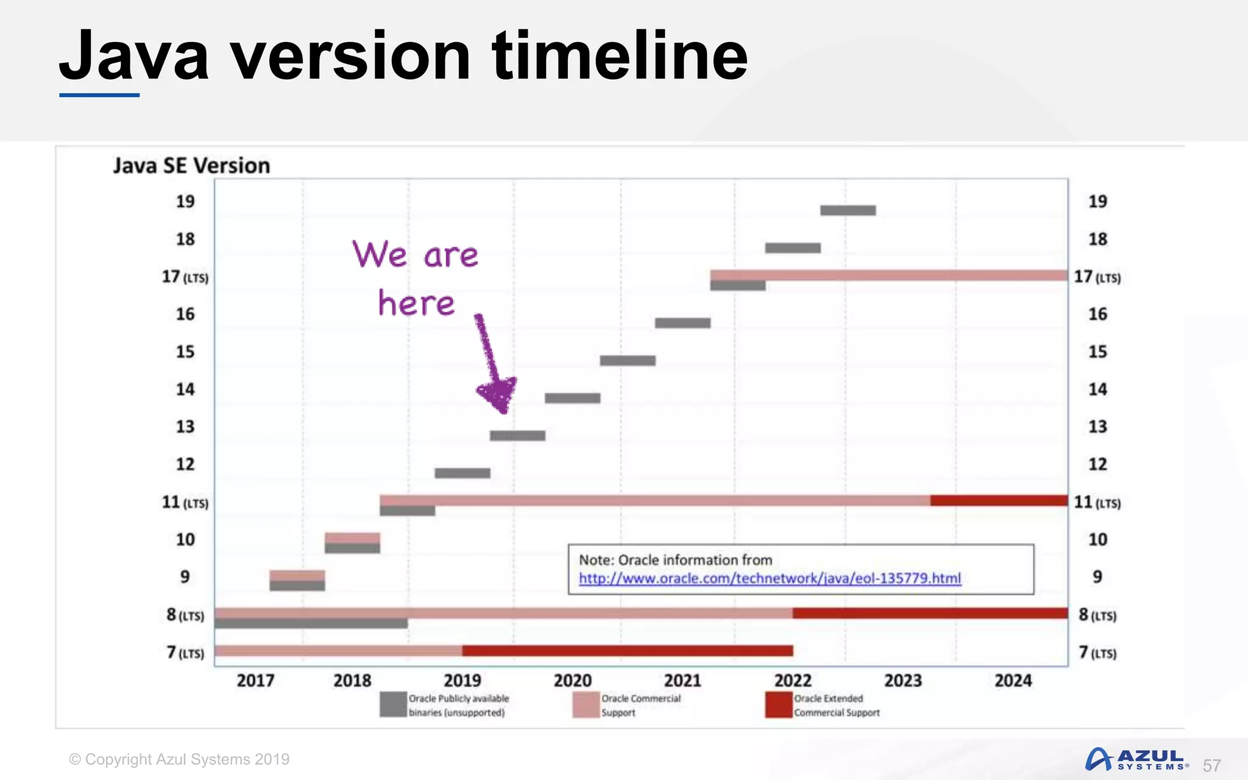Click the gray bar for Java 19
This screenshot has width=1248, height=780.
click(x=848, y=210)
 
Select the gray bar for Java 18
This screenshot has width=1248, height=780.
click(x=793, y=248)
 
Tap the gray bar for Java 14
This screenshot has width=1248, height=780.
click(x=572, y=398)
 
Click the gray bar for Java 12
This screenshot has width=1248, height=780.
click(x=463, y=473)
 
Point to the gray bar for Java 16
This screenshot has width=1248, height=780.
click(x=682, y=323)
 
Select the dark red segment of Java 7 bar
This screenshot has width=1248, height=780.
click(x=628, y=651)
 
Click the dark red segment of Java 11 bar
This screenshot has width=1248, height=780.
click(x=999, y=500)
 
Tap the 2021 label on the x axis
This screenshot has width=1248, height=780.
click(x=682, y=680)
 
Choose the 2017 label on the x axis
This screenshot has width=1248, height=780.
click(x=255, y=680)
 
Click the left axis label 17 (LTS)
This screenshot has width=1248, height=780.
click(x=185, y=277)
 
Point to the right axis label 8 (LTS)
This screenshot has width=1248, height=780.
click(x=1097, y=615)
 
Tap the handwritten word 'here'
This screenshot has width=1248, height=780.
click(x=416, y=303)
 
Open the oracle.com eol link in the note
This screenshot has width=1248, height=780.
click(x=770, y=578)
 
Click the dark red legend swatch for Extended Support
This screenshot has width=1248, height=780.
click(x=778, y=705)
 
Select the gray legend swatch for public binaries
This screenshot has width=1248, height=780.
click(x=393, y=705)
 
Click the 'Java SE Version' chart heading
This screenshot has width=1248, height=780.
click(x=191, y=166)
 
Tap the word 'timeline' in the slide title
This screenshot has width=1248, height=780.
click(x=620, y=56)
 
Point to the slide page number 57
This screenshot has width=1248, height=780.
click(x=1211, y=765)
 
